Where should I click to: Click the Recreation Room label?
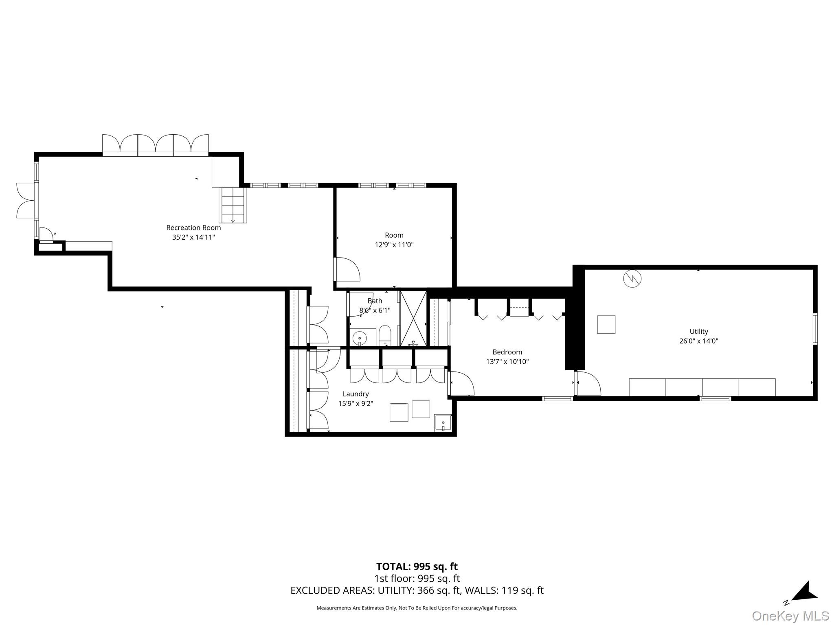193,228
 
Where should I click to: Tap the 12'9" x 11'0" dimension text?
394,245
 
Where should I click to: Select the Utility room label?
698,332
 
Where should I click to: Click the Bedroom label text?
507,352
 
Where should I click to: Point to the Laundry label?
356,394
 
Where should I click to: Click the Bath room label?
375,301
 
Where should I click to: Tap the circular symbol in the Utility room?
632,278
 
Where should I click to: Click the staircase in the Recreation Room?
233,205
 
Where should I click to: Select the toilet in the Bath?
385,335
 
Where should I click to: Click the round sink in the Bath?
360,338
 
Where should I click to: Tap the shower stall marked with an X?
413,318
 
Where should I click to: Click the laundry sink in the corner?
443,423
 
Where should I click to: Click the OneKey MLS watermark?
790,616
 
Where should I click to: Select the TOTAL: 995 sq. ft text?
417,566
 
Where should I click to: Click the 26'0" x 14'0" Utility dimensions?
698,341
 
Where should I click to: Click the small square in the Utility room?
606,324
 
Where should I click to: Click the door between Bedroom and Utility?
588,384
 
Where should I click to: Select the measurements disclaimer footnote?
417,608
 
